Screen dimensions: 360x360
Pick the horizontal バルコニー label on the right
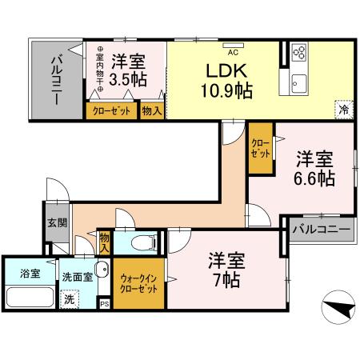tap(320, 230)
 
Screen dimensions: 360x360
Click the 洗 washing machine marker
tap(70, 298)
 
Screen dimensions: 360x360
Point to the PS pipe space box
tap(104, 304)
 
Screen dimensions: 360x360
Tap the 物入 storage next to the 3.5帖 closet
tap(152, 111)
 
